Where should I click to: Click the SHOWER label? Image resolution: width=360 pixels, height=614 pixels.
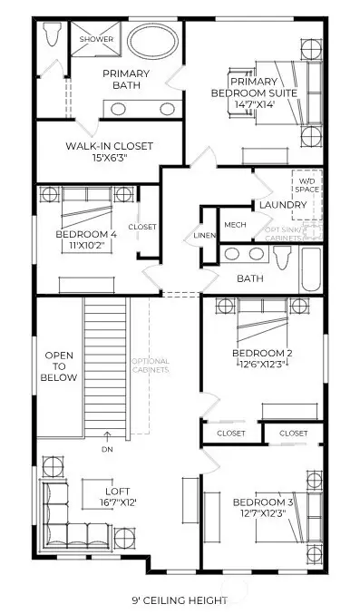click(x=95, y=40)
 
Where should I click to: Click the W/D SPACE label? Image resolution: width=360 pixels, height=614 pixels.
click(x=305, y=186)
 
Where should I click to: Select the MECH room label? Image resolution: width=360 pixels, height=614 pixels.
click(x=235, y=225)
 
